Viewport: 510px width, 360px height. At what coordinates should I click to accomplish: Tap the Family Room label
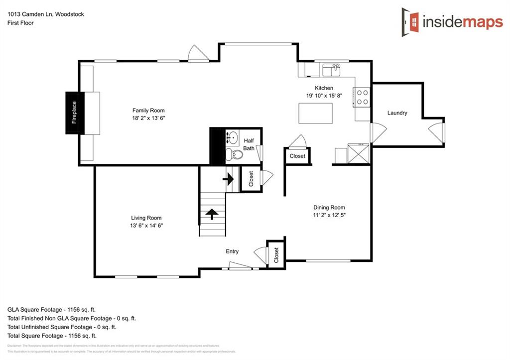(x=148, y=111)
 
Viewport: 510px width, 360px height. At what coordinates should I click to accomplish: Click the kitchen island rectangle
(x=315, y=113)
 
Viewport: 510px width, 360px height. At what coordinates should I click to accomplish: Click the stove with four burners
(x=362, y=97)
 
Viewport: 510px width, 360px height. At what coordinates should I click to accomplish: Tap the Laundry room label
(x=397, y=113)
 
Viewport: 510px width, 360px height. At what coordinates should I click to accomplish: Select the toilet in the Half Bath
(x=235, y=154)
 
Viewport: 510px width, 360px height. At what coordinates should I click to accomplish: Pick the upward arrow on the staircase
(x=212, y=214)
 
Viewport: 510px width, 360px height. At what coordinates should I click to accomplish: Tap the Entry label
(x=232, y=251)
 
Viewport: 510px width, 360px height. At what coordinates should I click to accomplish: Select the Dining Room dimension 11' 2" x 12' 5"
(x=329, y=215)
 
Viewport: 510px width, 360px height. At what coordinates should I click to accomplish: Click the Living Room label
(x=146, y=218)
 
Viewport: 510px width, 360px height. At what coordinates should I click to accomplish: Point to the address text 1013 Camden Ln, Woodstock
(x=45, y=14)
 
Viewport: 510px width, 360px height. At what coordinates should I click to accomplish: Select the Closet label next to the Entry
(x=276, y=254)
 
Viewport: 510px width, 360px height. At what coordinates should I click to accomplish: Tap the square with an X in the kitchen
(x=359, y=153)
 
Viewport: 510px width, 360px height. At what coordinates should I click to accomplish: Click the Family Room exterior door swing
(x=198, y=53)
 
